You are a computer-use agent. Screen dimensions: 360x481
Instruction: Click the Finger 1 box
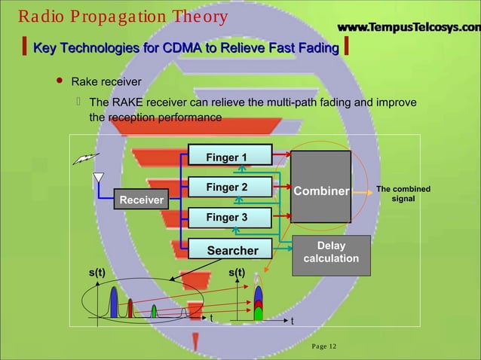227,157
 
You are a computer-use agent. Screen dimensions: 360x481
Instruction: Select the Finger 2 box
227,187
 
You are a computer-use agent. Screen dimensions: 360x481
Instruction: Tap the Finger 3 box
227,218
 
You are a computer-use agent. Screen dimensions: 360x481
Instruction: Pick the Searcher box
232,250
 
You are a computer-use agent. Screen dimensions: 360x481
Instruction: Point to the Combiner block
321,191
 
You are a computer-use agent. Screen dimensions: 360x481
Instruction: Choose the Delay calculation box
331,252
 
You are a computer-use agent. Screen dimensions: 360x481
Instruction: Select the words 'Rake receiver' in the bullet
106,81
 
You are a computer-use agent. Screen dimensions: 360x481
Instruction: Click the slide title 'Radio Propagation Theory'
122,17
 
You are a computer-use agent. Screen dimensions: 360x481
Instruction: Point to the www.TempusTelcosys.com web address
408,28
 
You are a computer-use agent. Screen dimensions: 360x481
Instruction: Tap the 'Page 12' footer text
325,346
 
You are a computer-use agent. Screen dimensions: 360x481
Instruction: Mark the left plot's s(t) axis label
95,272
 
